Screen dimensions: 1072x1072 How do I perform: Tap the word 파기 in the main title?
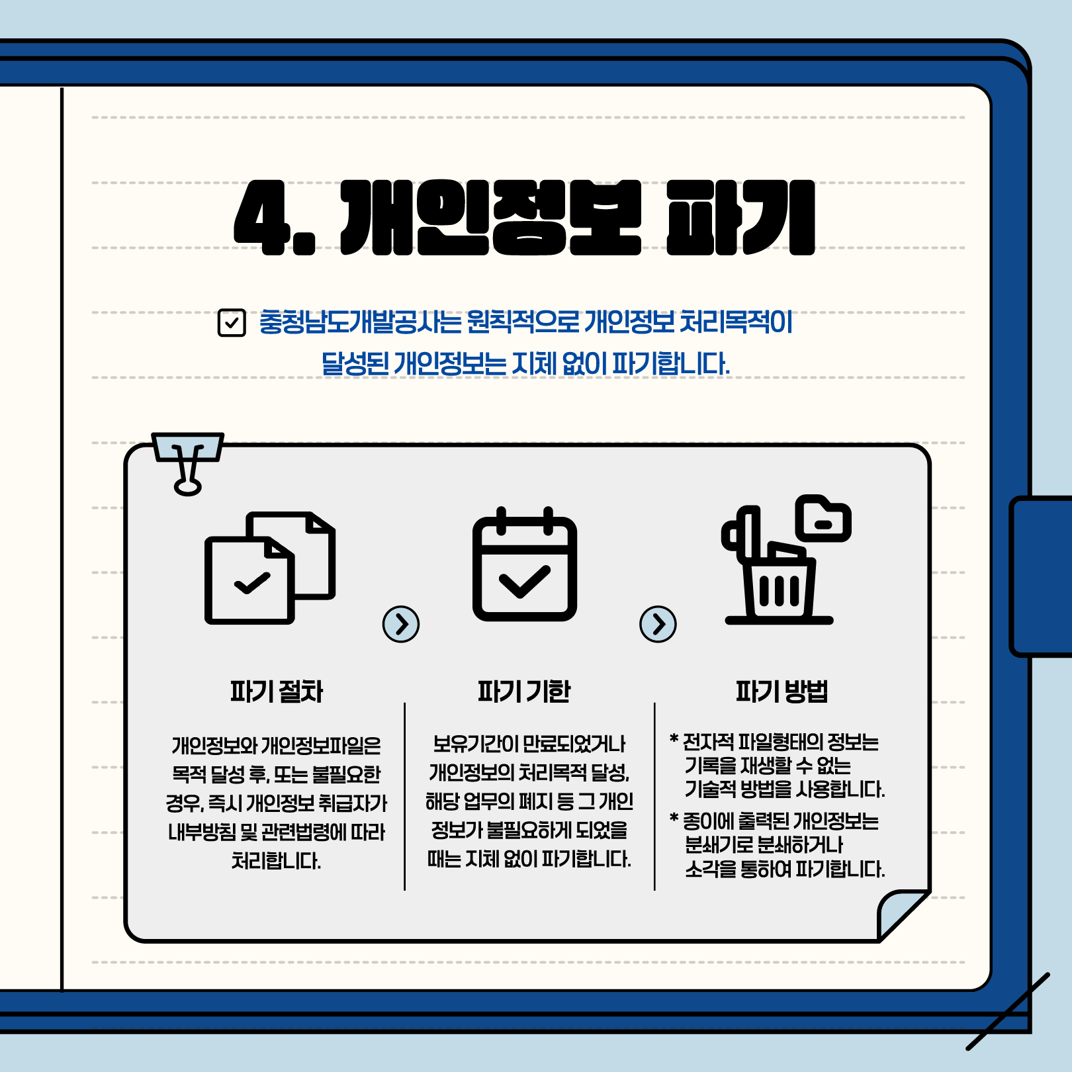[x=740, y=218]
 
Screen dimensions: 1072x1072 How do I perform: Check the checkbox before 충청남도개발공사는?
[x=232, y=323]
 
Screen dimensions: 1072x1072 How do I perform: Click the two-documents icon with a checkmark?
[x=270, y=568]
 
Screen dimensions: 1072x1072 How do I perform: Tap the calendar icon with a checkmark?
[x=525, y=564]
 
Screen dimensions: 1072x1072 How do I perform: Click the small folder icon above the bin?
[x=823, y=518]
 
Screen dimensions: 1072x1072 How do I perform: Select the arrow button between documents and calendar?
[x=401, y=624]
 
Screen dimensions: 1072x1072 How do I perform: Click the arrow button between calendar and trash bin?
[x=658, y=624]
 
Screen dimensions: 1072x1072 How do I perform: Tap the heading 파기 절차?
[x=277, y=692]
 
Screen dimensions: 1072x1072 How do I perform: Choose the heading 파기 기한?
[x=524, y=692]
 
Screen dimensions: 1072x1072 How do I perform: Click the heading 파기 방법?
[x=782, y=692]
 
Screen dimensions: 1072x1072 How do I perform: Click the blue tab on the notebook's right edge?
[x=1041, y=576]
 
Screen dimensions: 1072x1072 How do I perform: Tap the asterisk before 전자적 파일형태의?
[x=674, y=739]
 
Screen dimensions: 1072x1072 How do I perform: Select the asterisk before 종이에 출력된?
[x=674, y=819]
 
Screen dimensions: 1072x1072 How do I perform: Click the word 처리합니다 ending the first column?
[x=276, y=861]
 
